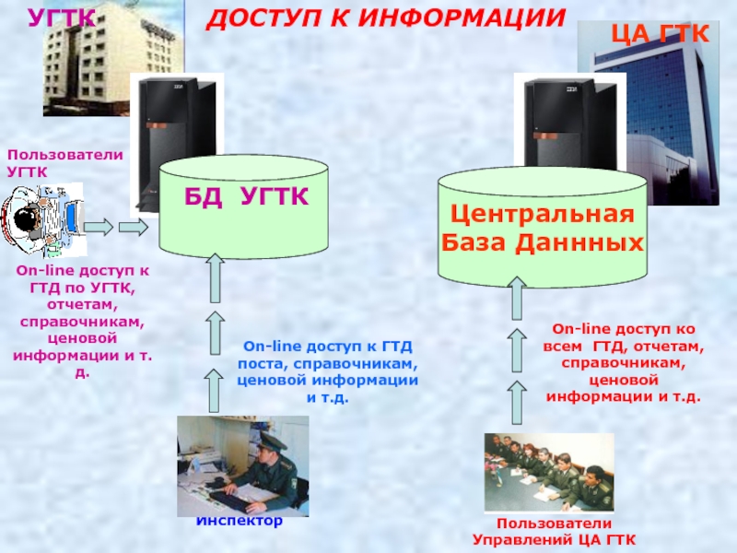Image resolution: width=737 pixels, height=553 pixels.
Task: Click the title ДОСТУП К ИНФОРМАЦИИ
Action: [385, 18]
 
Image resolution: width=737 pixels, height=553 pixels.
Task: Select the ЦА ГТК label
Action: [661, 36]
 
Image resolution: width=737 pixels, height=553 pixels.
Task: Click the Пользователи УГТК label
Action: [64, 164]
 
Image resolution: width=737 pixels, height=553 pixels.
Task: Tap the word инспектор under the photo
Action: [239, 520]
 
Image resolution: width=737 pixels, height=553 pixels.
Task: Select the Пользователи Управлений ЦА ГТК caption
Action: [554, 532]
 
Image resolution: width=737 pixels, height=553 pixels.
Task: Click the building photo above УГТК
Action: [99, 60]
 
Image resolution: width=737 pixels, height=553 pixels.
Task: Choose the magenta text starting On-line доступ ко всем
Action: [624, 362]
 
